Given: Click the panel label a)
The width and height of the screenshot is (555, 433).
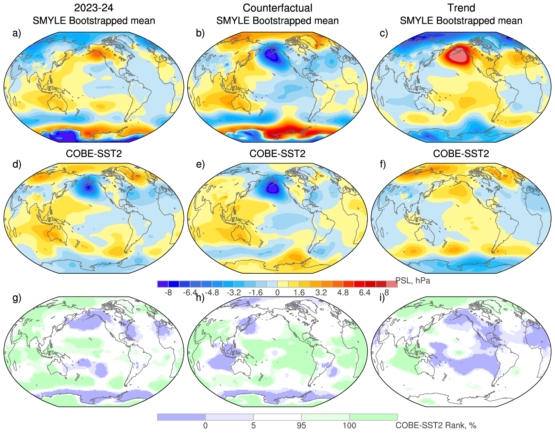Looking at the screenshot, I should [16, 33].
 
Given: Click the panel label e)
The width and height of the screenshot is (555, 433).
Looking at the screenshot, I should [200, 164].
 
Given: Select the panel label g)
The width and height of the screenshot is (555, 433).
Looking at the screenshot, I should [17, 298].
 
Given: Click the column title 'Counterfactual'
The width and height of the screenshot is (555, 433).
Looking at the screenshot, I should [277, 8].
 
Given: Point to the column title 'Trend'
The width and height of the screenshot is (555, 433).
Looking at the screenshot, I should [461, 8].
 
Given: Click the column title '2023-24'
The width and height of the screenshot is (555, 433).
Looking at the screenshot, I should [94, 8].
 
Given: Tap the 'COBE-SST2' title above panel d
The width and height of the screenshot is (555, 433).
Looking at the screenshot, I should [94, 154].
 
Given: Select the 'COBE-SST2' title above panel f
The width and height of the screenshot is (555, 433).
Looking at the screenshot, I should [461, 154].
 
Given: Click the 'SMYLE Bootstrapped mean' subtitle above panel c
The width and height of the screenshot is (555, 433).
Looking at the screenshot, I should [461, 21].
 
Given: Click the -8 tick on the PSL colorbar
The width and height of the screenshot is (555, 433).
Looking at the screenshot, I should [168, 293].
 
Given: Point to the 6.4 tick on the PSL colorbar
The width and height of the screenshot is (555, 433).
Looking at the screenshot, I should [365, 293].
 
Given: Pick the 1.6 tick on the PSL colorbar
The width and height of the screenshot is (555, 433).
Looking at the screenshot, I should [299, 293].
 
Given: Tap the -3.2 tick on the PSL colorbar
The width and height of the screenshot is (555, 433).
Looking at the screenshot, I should [234, 293].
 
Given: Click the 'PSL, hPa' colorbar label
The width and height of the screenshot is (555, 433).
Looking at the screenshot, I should [413, 281].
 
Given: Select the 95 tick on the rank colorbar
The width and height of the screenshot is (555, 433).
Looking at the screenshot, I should [301, 426].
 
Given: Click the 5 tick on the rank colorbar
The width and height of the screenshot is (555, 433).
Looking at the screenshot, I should [253, 426].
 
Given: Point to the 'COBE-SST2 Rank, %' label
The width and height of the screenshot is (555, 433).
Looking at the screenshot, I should [436, 425].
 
